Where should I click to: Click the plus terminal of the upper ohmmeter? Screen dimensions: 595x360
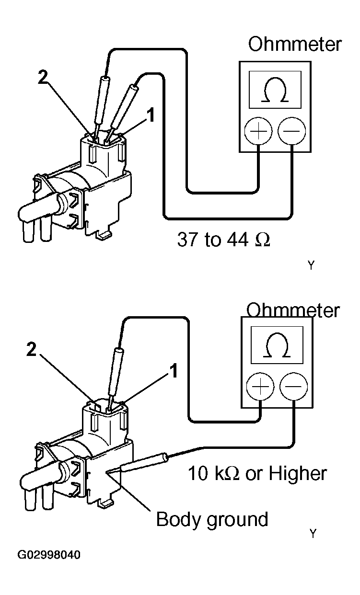coord(258,130)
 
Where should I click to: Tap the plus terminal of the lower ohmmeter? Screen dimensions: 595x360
coord(260,387)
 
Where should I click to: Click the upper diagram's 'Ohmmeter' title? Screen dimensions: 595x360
coord(294,44)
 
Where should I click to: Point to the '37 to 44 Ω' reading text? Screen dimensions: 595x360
coord(223,239)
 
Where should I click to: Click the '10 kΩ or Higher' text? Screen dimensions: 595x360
coord(257,473)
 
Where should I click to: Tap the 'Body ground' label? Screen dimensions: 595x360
coord(212,519)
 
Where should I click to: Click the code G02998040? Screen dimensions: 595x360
coord(49,555)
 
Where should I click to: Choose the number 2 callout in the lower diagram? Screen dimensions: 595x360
coord(31,350)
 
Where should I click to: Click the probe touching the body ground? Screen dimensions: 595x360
coord(144,462)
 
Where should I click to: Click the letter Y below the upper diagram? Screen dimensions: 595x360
coord(311,265)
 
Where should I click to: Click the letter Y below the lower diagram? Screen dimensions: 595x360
coord(313,534)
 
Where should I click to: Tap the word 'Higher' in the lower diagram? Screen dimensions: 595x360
coord(297,473)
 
